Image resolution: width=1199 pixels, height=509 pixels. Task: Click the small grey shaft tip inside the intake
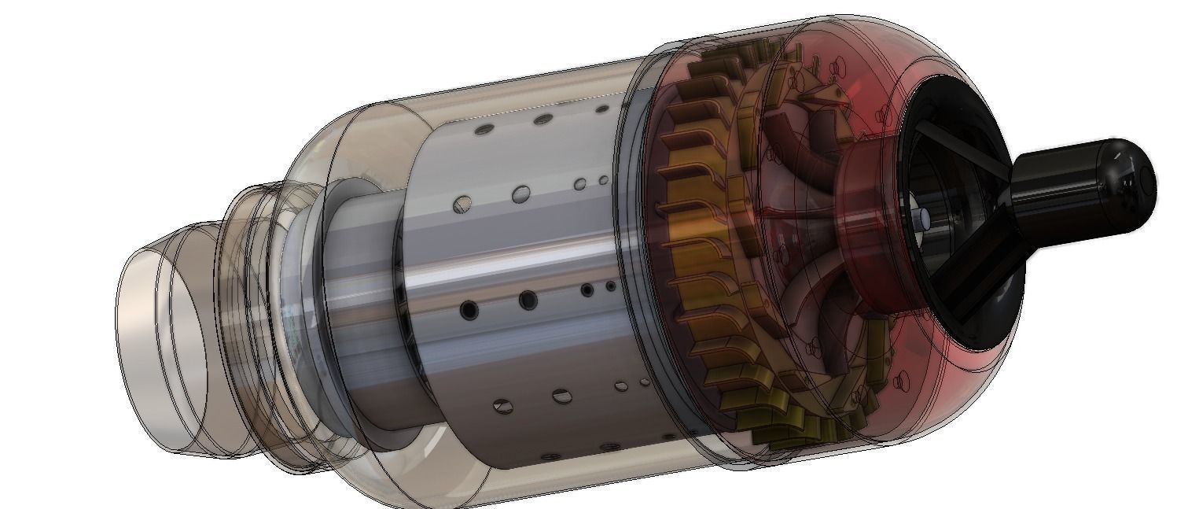click(923, 216)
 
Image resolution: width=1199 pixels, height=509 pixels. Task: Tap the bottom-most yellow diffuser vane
click(790, 441)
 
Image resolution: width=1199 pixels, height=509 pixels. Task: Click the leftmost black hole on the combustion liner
click(469, 310)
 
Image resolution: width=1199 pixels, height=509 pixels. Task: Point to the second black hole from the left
click(528, 299)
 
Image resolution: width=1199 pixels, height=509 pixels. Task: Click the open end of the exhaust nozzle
click(161, 346)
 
